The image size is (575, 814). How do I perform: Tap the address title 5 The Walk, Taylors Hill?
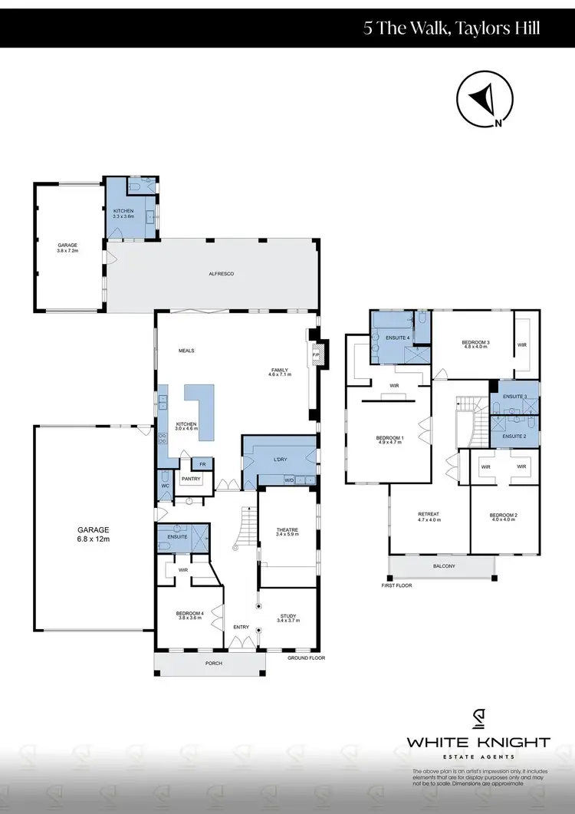[452, 28]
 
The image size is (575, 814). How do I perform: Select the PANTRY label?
[191, 480]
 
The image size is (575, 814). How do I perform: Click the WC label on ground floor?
[165, 485]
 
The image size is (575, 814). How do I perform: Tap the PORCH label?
[213, 663]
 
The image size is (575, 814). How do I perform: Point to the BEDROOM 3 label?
[475, 344]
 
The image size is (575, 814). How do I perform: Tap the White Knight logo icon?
[478, 720]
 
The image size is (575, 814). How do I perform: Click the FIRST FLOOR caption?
[397, 585]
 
